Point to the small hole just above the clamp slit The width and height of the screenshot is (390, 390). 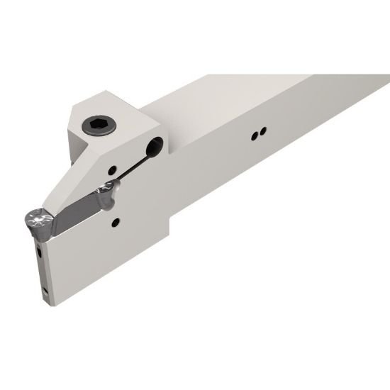(113, 169)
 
